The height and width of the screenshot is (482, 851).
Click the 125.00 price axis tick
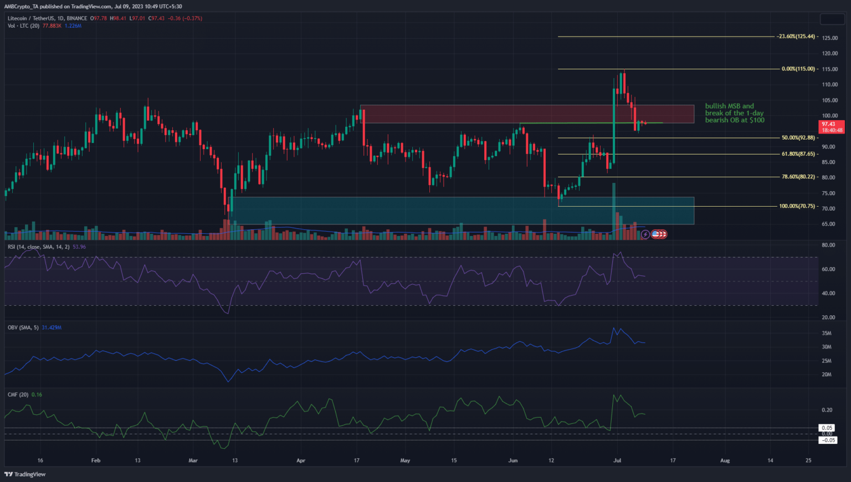pyautogui.click(x=829, y=38)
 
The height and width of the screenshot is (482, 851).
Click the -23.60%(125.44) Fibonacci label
pyautogui.click(x=796, y=37)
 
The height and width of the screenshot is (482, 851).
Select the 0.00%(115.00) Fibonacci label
pyautogui.click(x=798, y=69)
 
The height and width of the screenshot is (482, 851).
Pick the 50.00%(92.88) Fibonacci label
pyautogui.click(x=798, y=138)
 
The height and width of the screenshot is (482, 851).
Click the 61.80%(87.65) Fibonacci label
pyautogui.click(x=798, y=154)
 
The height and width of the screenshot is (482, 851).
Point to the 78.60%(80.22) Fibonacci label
pyautogui.click(x=798, y=177)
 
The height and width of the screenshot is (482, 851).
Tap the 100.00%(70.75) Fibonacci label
pyautogui.click(x=797, y=206)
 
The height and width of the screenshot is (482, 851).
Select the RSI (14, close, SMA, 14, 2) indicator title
pyautogui.click(x=39, y=247)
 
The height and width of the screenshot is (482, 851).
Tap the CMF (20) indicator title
pyautogui.click(x=18, y=395)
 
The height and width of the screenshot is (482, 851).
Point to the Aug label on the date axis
pyautogui.click(x=725, y=460)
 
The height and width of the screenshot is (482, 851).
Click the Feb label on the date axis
pyautogui.click(x=96, y=460)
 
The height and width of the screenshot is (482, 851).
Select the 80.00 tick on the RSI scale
pyautogui.click(x=828, y=245)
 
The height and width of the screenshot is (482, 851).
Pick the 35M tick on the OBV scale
pyautogui.click(x=827, y=334)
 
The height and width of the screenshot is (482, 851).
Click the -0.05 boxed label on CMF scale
pyautogui.click(x=828, y=440)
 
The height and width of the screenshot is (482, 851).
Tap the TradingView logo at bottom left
pyautogui.click(x=25, y=474)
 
